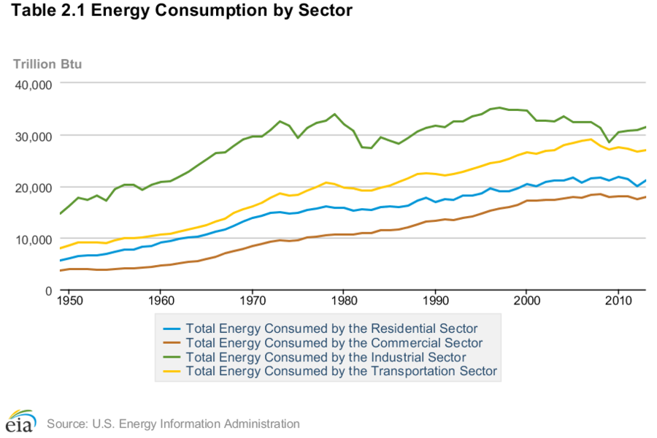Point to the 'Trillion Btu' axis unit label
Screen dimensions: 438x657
pyautogui.click(x=47, y=64)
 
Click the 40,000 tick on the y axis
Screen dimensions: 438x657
pyautogui.click(x=32, y=84)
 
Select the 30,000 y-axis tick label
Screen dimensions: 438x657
pyautogui.click(x=32, y=136)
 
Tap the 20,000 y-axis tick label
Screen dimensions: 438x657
pyautogui.click(x=32, y=188)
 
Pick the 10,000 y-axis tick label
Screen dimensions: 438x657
pyautogui.click(x=32, y=239)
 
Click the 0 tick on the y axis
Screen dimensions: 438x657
pyautogui.click(x=47, y=291)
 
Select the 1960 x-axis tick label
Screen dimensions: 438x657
pyautogui.click(x=161, y=300)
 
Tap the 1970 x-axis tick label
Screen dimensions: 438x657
pyautogui.click(x=253, y=300)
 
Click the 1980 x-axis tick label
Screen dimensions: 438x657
pyautogui.click(x=344, y=300)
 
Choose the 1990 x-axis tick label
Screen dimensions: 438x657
pyautogui.click(x=435, y=300)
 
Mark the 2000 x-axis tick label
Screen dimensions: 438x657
pyautogui.click(x=526, y=300)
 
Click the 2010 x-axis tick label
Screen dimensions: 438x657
pyautogui.click(x=618, y=300)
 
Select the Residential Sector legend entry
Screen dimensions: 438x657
pyautogui.click(x=331, y=328)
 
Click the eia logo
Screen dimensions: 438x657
pyautogui.click(x=20, y=421)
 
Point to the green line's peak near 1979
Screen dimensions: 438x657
pyautogui.click(x=334, y=114)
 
